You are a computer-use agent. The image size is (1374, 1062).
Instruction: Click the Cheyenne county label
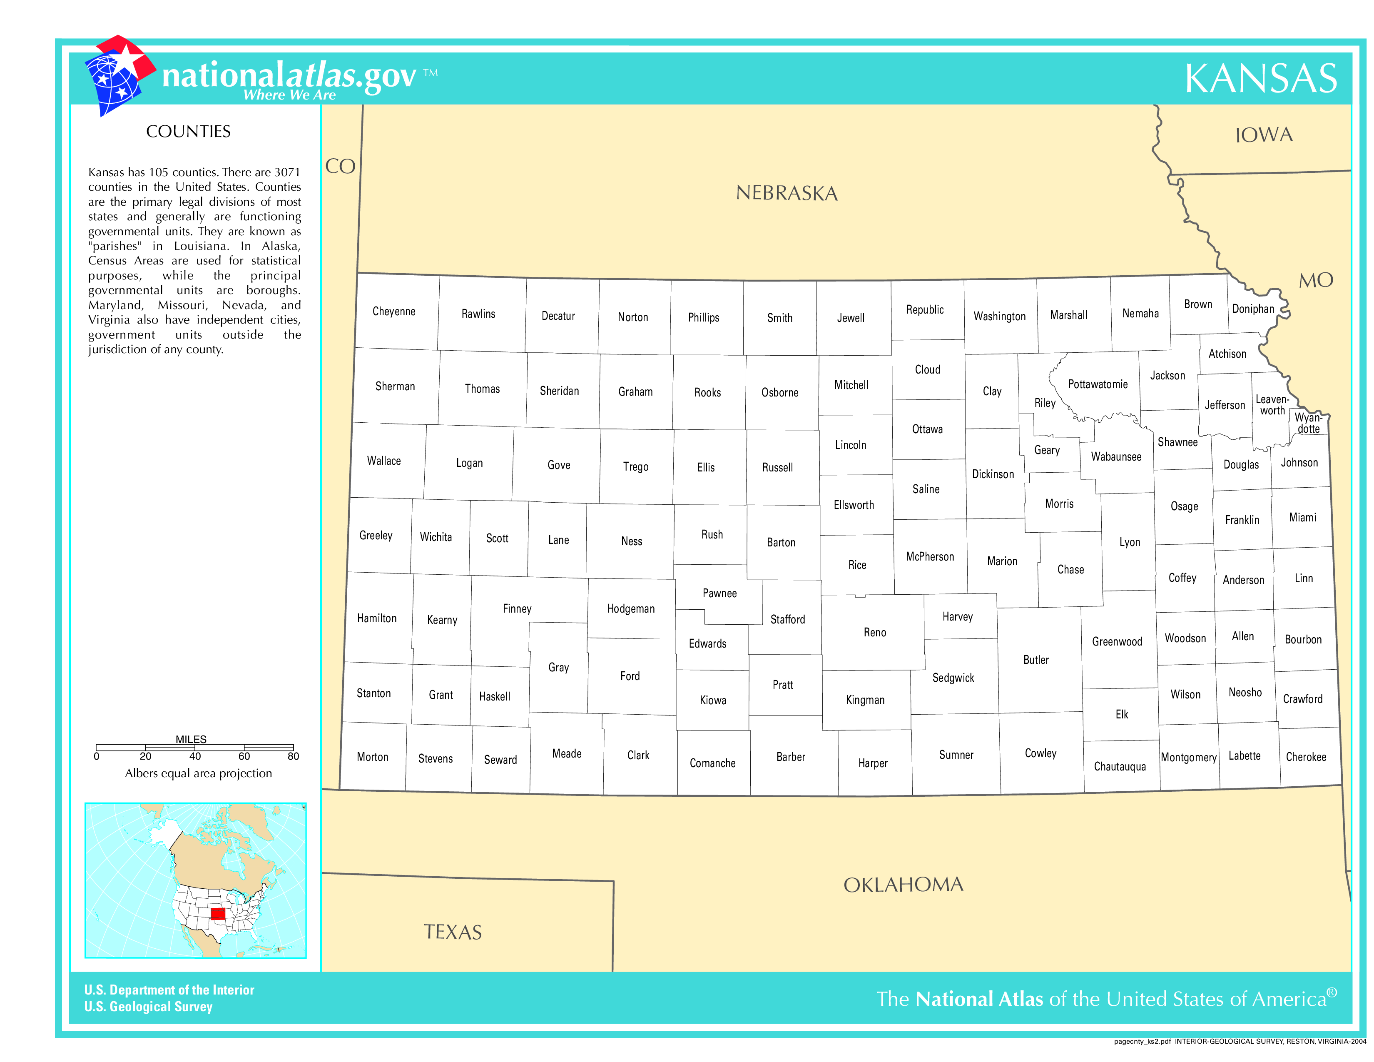(394, 312)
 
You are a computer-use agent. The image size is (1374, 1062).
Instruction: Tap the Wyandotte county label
(1308, 423)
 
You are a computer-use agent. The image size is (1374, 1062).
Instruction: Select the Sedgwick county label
(953, 678)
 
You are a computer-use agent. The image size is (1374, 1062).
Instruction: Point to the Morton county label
(373, 757)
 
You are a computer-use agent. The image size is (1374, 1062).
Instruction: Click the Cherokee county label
(1305, 757)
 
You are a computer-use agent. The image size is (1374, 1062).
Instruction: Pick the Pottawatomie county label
(1098, 384)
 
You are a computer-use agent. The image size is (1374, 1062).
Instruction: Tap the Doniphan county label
(1252, 309)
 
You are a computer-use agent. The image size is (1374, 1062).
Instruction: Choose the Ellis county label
(705, 467)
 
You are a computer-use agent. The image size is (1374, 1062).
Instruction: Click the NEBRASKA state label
(787, 193)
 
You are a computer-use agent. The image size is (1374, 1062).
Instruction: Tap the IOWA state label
(1263, 135)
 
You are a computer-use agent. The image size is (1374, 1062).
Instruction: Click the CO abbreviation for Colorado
(340, 166)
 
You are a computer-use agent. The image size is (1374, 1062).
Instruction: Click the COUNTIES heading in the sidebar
(188, 132)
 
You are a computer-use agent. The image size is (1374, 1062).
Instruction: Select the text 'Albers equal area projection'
(198, 773)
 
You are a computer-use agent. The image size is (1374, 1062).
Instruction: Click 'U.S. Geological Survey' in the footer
(149, 1007)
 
